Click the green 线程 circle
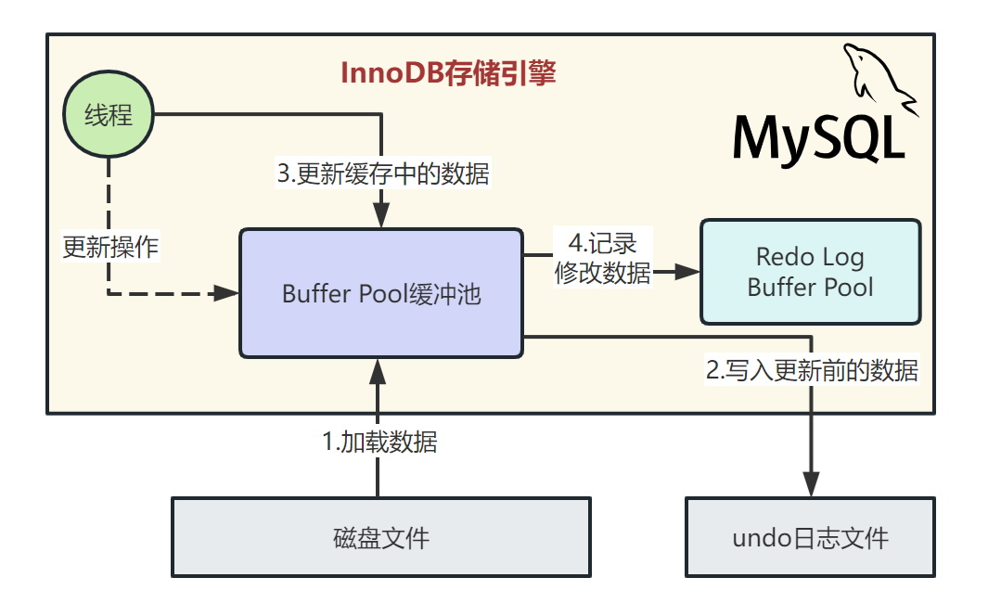coord(109,116)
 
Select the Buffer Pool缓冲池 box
coord(381,294)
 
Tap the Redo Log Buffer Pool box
coord(810,272)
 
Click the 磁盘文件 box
coord(381,537)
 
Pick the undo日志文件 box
coord(810,537)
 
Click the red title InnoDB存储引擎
coord(448,73)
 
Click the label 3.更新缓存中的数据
coord(382,173)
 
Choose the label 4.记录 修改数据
coord(602,259)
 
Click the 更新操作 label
coord(109,248)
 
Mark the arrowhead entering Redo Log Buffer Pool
coord(687,272)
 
